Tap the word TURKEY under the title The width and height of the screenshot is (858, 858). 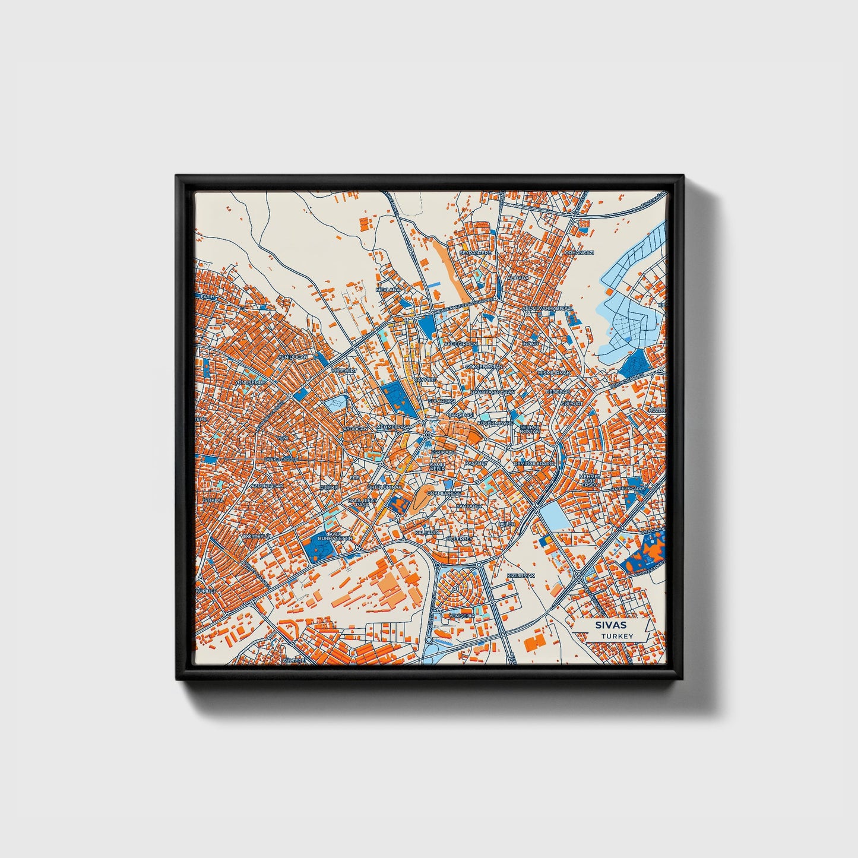(616, 636)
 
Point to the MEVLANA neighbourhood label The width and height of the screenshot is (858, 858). (389, 290)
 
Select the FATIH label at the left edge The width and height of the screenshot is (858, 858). (207, 296)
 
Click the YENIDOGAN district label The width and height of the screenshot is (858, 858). (294, 357)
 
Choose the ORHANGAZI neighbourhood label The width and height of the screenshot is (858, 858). (580, 253)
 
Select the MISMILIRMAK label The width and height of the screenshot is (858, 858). (553, 373)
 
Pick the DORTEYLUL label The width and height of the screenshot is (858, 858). (257, 536)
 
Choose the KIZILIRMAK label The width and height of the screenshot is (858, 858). (521, 576)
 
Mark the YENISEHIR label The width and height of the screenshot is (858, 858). (463, 616)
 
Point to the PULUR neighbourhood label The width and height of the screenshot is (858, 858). (507, 525)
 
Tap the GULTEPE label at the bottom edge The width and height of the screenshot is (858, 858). (293, 660)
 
